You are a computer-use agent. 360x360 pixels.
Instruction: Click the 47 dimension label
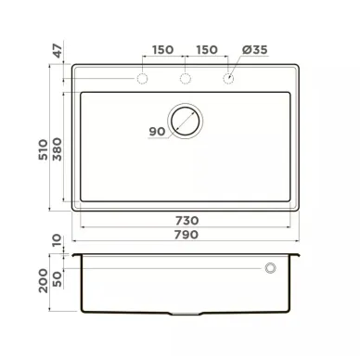[58, 51]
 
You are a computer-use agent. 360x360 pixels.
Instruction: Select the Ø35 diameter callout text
[254, 49]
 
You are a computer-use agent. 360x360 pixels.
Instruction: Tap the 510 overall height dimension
[44, 149]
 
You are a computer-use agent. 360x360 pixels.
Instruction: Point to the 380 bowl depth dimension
[58, 149]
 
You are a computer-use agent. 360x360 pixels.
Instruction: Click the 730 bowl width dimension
[186, 221]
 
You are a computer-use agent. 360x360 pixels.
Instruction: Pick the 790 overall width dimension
[186, 235]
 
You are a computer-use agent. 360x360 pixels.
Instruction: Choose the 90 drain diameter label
[157, 132]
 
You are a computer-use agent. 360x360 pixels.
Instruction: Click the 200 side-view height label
[44, 281]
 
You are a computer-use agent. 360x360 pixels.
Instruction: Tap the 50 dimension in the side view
[58, 279]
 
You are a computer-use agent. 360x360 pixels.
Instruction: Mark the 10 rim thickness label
[58, 240]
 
